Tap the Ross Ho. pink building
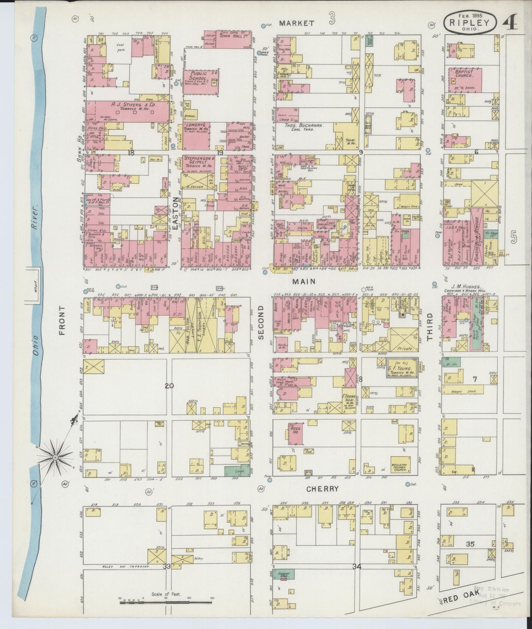295,431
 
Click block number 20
169,386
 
